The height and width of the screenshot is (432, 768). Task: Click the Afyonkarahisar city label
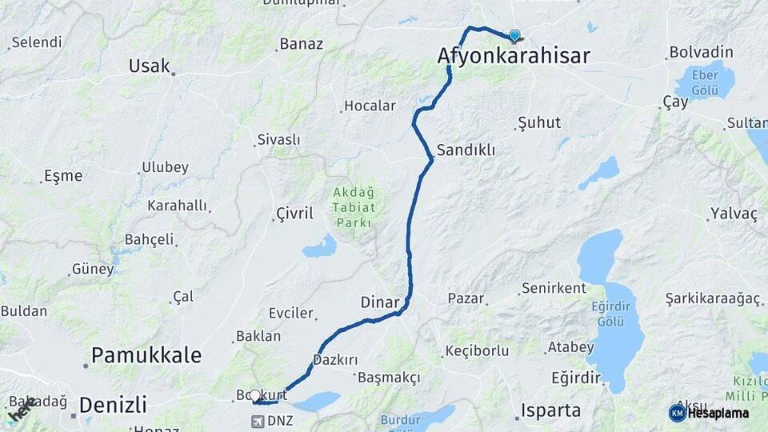click(514, 56)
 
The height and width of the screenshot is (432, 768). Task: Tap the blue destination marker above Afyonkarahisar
click(514, 35)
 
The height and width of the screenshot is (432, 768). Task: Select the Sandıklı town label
click(466, 150)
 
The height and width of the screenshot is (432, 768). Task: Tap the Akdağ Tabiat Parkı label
click(353, 207)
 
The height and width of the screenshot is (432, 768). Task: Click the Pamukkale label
click(146, 355)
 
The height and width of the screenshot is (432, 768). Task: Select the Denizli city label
click(113, 402)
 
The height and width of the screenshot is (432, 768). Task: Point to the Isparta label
click(550, 411)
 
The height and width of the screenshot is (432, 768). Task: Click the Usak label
click(150, 66)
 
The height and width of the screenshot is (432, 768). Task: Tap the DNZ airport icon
click(259, 420)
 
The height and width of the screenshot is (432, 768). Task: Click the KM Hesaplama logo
click(709, 413)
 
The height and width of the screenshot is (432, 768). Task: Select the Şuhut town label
click(539, 123)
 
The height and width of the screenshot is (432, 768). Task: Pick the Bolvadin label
click(701, 53)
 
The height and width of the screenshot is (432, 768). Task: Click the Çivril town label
click(294, 213)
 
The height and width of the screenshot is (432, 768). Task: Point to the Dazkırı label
click(335, 361)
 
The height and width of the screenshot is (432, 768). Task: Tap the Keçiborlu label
click(477, 351)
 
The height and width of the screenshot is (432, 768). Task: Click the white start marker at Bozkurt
click(255, 395)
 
